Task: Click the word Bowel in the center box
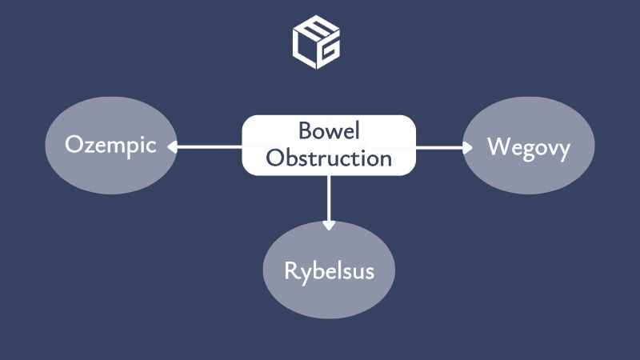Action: [328, 131]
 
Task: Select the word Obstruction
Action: [329, 158]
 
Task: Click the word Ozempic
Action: [110, 147]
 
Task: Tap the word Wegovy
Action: [528, 147]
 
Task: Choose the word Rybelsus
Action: [329, 270]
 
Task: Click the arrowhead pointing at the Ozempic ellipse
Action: [171, 146]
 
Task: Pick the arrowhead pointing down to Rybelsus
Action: [328, 226]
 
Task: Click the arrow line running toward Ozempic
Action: [208, 146]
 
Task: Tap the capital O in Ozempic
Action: [74, 146]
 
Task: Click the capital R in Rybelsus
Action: [291, 270]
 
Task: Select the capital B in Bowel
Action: [305, 131]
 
